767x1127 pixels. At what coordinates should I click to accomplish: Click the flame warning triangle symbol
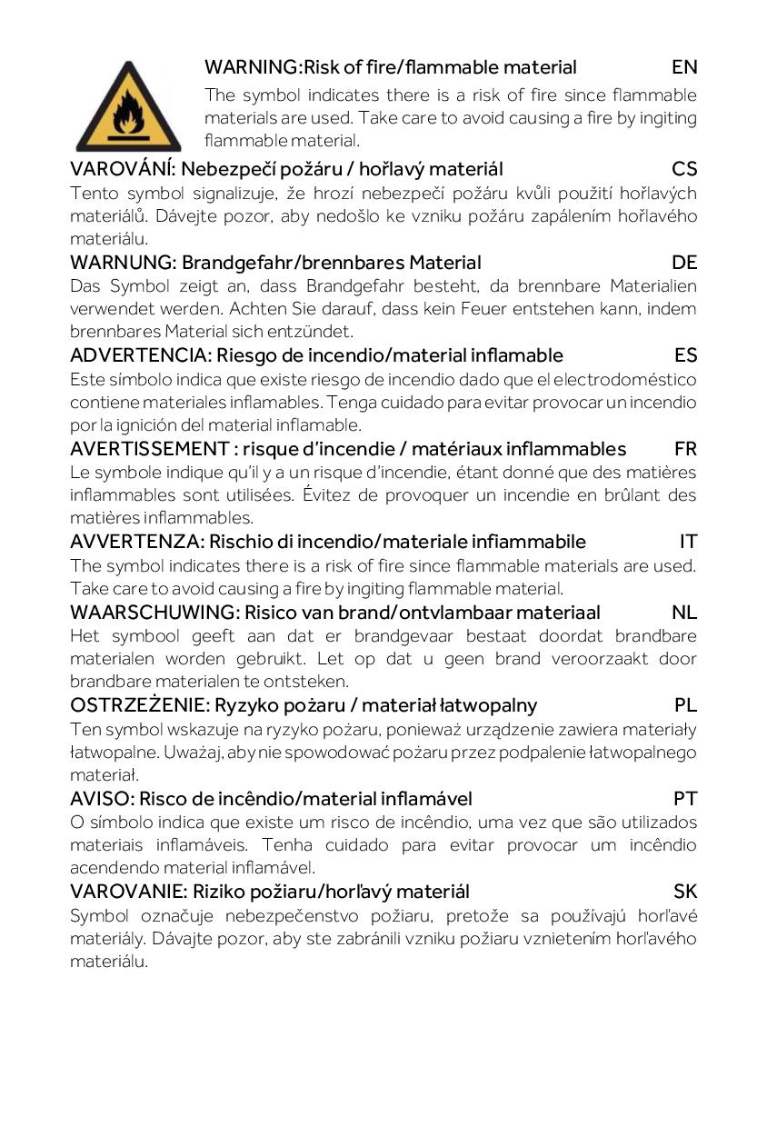pyautogui.click(x=127, y=108)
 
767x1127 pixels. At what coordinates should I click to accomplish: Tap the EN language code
pyautogui.click(x=684, y=67)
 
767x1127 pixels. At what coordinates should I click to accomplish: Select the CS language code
pyautogui.click(x=684, y=169)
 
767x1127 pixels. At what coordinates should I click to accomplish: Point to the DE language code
pyautogui.click(x=684, y=263)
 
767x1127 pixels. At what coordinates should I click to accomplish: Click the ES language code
pyautogui.click(x=685, y=355)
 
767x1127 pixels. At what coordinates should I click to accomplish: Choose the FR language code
pyautogui.click(x=685, y=449)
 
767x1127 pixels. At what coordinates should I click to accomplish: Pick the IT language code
pyautogui.click(x=688, y=542)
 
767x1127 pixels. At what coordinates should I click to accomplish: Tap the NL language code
pyautogui.click(x=684, y=612)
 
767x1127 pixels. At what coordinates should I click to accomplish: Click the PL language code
pyautogui.click(x=685, y=705)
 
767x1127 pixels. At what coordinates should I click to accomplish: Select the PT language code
pyautogui.click(x=685, y=799)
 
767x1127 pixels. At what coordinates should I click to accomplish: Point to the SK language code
pyautogui.click(x=685, y=892)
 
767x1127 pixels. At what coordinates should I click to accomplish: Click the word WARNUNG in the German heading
pyautogui.click(x=123, y=263)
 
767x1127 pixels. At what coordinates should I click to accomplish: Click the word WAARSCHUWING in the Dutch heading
pyautogui.click(x=154, y=612)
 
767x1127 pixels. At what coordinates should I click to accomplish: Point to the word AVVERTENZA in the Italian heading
pyautogui.click(x=136, y=542)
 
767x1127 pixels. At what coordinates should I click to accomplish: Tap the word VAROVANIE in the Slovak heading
pyautogui.click(x=128, y=892)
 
